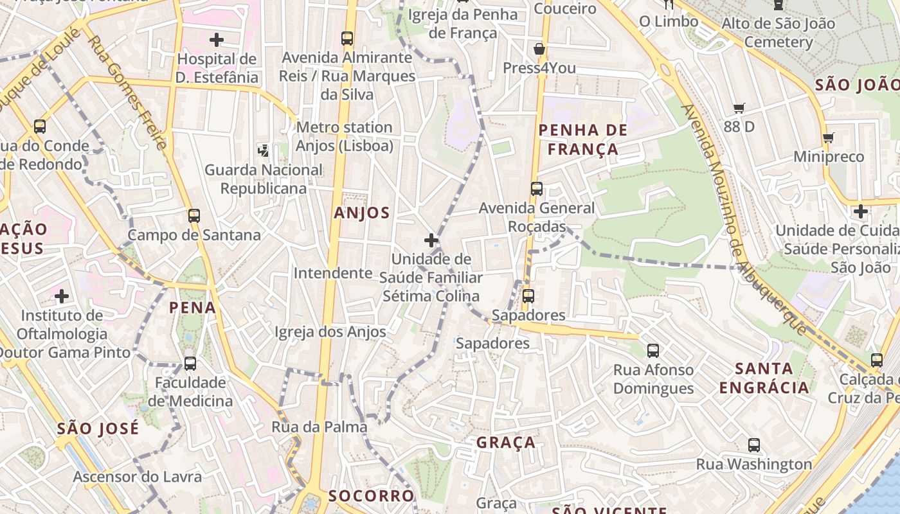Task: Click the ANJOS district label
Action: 362,213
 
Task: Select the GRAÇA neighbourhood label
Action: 506,442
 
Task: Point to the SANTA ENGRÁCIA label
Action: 764,378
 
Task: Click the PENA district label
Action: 193,308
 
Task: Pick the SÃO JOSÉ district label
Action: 98,429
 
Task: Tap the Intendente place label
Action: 333,273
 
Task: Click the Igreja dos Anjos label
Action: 330,332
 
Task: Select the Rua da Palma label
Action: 319,427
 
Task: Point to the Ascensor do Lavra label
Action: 138,477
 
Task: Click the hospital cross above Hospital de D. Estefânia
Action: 217,40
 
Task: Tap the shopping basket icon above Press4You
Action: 539,49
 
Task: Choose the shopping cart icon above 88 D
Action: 739,109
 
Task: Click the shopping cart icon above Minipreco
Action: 828,137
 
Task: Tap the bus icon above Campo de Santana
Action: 194,216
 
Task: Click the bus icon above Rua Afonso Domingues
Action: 653,351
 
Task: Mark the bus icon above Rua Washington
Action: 754,445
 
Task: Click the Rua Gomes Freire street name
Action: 127,92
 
